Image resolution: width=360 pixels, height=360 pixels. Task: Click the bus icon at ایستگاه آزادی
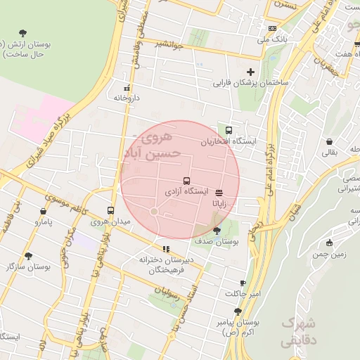coord(186,181)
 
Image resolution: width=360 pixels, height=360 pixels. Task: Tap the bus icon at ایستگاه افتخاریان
coord(229,130)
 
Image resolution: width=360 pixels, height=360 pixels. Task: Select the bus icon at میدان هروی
coord(110,210)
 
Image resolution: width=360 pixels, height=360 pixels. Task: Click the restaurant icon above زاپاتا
coord(219,191)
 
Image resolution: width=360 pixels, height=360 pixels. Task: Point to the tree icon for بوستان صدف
coord(216,230)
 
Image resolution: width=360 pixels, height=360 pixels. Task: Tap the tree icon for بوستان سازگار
coord(28,256)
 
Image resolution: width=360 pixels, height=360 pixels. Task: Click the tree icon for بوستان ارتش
coord(23,32)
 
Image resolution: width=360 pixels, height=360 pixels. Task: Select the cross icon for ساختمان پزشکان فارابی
coord(250,72)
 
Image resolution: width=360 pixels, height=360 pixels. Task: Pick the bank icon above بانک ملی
coord(272,28)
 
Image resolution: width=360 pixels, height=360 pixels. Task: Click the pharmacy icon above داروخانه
coord(127,88)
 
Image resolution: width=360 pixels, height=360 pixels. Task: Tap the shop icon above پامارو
coord(44,210)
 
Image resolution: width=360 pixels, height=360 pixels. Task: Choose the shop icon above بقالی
coord(329,140)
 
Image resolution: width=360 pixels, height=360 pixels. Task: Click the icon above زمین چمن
coord(329,243)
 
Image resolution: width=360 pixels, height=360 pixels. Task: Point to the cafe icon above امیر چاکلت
coord(243,283)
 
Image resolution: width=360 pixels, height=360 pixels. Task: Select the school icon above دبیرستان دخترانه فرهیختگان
coord(166,248)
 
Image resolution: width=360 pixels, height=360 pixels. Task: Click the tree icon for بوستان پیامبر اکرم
coord(238,311)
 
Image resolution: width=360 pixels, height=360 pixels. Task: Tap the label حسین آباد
coord(153,152)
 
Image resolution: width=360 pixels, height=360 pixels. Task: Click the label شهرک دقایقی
coord(299,331)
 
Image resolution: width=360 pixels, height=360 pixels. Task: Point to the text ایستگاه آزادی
coord(186,191)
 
